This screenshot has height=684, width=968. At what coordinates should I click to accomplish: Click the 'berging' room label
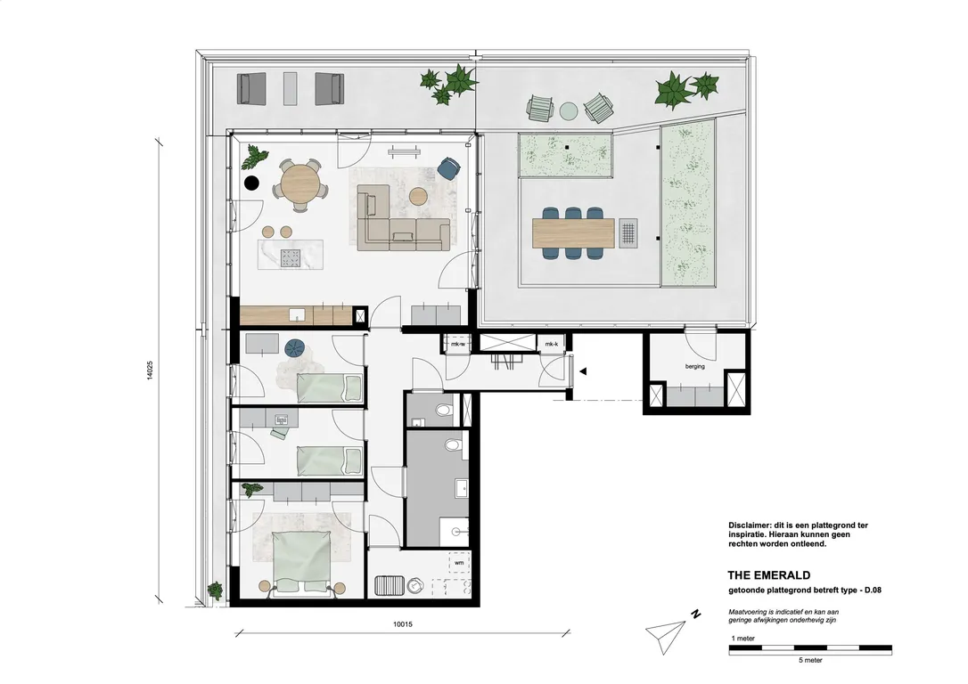[695, 366]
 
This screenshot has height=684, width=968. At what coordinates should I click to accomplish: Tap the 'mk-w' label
[458, 344]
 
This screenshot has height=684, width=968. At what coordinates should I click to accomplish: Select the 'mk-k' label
[551, 344]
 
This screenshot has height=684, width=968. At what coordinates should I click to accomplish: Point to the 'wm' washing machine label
[459, 563]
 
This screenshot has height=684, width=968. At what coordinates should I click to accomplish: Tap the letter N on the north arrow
[693, 614]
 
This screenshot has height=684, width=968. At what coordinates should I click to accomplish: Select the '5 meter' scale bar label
[809, 661]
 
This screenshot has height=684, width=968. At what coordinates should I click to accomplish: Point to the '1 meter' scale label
[743, 639]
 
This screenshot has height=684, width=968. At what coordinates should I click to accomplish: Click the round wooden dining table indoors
[299, 184]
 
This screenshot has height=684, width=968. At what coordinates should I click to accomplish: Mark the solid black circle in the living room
[252, 183]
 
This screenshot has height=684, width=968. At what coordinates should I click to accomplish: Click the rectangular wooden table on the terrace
[573, 233]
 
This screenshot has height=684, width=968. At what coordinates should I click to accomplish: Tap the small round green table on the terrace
[569, 110]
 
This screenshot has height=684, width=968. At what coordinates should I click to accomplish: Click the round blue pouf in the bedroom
[295, 347]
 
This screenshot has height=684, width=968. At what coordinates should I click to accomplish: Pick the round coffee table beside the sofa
[417, 194]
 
